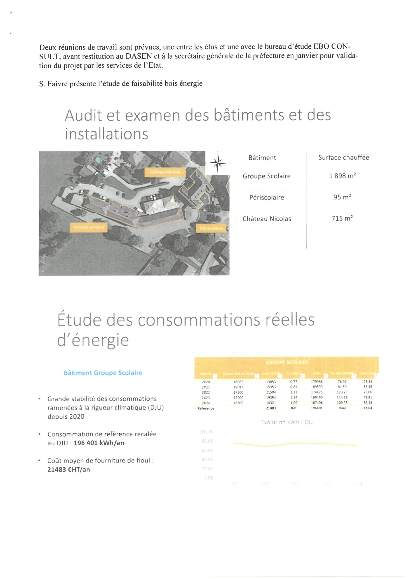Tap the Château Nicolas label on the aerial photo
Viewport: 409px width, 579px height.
click(x=165, y=172)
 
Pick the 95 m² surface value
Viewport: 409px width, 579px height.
click(x=342, y=197)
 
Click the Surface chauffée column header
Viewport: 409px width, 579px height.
click(x=343, y=158)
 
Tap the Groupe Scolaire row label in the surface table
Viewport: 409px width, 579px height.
click(x=266, y=176)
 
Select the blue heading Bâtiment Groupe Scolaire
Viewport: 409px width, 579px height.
click(x=103, y=373)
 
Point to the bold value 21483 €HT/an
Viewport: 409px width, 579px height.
click(x=68, y=469)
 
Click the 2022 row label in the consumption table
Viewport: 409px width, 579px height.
click(x=206, y=392)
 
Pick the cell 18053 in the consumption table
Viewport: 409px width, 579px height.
click(x=238, y=382)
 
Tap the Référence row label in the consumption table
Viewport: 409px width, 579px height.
click(x=206, y=408)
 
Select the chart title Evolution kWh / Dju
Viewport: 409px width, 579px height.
click(x=287, y=422)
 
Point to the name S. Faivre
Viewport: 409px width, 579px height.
click(x=53, y=83)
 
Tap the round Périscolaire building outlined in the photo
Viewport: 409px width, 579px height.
click(x=192, y=215)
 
